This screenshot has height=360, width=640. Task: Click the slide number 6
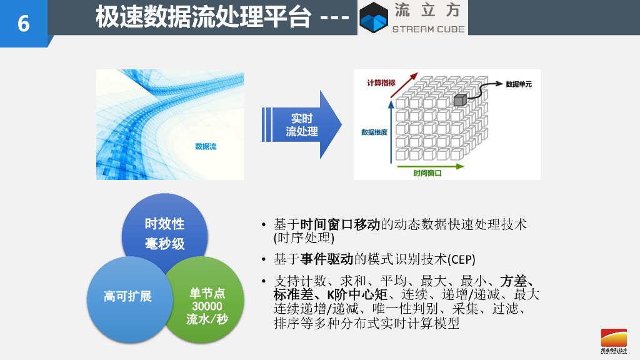pos(23,23)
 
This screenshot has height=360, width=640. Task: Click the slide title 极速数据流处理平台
pos(203,17)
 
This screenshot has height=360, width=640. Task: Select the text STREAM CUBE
pos(428,29)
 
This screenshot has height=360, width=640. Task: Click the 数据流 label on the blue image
pos(206,147)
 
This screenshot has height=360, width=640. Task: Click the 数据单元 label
pos(519,83)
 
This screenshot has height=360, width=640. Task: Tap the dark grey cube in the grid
pos(460,100)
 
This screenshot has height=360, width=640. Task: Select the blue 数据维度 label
pos(374,132)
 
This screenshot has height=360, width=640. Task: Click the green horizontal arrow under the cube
pos(431,166)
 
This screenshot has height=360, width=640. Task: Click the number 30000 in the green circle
pos(207,306)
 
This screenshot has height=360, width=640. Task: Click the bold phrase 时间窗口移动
pos(340,224)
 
